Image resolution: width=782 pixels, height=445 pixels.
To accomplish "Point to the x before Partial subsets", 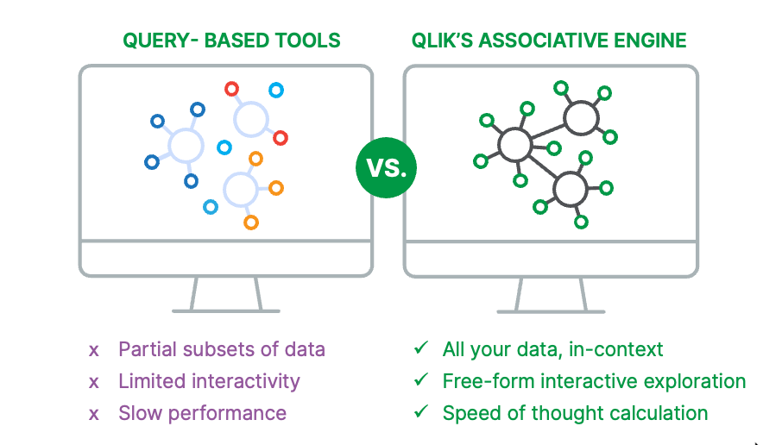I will click(x=94, y=350).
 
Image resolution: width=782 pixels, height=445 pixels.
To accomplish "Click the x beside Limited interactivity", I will click(x=94, y=381).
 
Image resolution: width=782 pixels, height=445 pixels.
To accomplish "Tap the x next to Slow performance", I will click(x=94, y=413).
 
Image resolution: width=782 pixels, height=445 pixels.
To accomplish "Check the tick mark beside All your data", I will click(x=420, y=348).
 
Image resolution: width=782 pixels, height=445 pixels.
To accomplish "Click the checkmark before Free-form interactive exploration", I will click(x=420, y=380).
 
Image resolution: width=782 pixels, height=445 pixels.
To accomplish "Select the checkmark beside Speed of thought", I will click(x=420, y=412).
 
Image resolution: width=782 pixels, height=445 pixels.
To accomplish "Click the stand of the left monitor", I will click(x=226, y=295).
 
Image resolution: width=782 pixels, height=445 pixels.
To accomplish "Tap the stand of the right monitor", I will click(x=551, y=295).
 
